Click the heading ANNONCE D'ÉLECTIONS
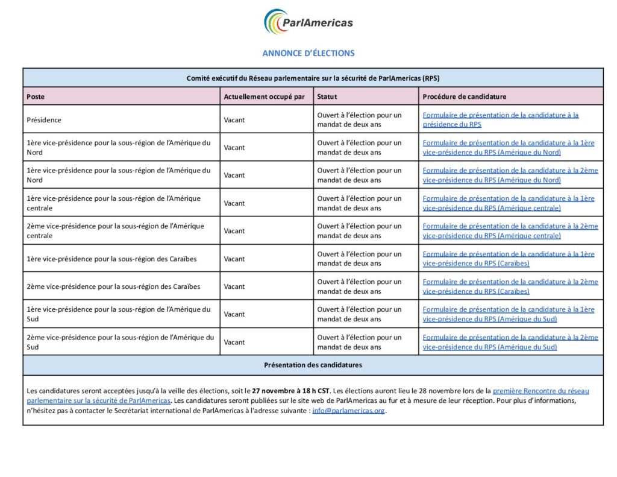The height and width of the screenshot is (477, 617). (308, 53)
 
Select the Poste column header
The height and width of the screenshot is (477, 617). (36, 96)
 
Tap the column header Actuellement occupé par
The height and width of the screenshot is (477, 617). (264, 96)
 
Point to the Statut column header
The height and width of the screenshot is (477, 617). (327, 96)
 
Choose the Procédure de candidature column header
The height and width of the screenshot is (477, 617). (465, 96)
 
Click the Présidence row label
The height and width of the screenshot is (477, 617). (44, 119)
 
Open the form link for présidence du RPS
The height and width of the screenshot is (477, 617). (500, 119)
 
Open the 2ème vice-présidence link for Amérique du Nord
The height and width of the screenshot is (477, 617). (510, 175)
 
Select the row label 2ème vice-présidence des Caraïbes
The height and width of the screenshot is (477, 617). (113, 286)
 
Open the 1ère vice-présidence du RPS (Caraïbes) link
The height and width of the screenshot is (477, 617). (508, 259)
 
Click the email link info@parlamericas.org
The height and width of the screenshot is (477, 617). (348, 411)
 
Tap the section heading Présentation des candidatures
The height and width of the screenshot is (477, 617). (313, 365)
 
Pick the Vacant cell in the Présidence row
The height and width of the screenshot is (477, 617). (234, 119)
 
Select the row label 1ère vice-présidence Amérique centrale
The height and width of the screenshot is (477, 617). (114, 203)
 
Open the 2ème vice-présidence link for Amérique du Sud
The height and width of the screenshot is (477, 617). (510, 342)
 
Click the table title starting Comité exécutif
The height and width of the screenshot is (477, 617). (313, 78)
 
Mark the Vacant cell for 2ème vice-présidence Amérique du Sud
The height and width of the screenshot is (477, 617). (234, 342)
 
